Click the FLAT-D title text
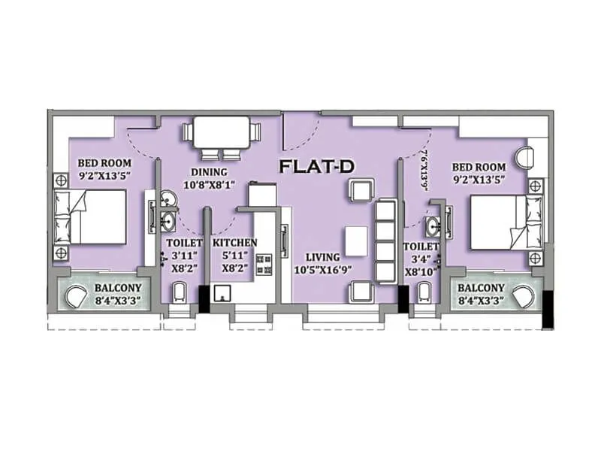[316, 167]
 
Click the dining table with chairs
[225, 137]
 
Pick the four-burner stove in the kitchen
[264, 264]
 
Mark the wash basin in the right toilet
[432, 226]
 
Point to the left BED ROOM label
[105, 162]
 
